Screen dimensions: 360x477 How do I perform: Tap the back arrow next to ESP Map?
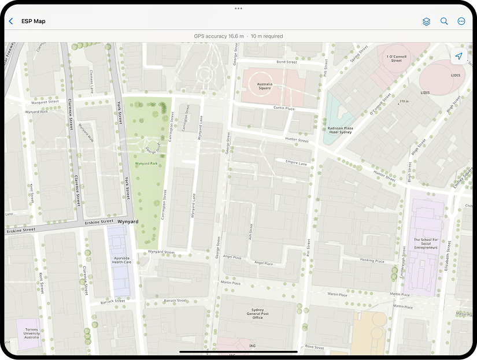pyautogui.click(x=11, y=21)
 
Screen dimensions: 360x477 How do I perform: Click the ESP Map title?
pyautogui.click(x=34, y=21)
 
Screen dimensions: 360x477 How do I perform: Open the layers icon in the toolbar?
pyautogui.click(x=426, y=21)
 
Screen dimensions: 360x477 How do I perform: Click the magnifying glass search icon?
pyautogui.click(x=444, y=21)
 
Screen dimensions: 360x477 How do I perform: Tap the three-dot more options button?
pyautogui.click(x=461, y=21)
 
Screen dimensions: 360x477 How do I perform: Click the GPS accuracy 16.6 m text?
pyautogui.click(x=219, y=36)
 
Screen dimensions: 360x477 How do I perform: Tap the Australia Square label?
pyautogui.click(x=264, y=86)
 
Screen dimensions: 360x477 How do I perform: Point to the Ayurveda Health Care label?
pyautogui.click(x=121, y=259)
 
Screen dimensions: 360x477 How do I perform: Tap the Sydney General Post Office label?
pyautogui.click(x=257, y=314)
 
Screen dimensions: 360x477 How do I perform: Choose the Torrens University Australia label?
pyautogui.click(x=31, y=333)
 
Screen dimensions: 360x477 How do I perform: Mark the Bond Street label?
pyautogui.click(x=286, y=62)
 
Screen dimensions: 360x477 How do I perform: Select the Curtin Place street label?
pyautogui.click(x=284, y=108)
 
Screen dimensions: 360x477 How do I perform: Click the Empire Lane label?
pyautogui.click(x=296, y=164)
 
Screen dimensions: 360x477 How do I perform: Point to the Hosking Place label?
pyautogui.click(x=372, y=261)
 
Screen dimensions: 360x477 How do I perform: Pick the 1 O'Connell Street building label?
pyautogui.click(x=396, y=58)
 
